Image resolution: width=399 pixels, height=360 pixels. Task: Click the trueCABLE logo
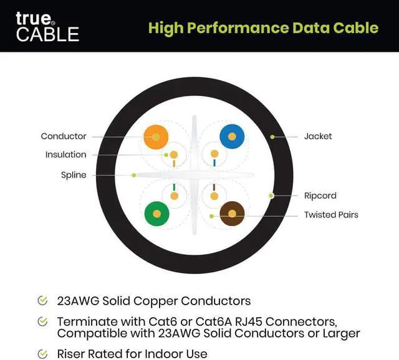click(x=47, y=26)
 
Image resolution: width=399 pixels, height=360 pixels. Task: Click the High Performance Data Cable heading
click(x=263, y=28)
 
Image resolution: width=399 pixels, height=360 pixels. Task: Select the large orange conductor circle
click(x=156, y=136)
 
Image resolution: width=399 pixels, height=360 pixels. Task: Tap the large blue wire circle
click(x=231, y=136)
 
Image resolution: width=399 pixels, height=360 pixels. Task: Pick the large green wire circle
click(x=156, y=214)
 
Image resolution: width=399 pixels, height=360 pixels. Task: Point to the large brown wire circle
click(x=232, y=214)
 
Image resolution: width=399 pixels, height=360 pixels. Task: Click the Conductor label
click(x=64, y=136)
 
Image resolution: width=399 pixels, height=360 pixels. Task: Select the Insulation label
click(x=65, y=154)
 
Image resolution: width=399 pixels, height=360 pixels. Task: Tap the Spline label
click(x=74, y=175)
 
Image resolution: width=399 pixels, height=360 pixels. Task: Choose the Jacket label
click(x=318, y=136)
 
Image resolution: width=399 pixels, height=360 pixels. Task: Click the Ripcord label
click(x=320, y=196)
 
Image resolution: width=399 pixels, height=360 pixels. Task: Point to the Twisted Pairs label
click(x=331, y=215)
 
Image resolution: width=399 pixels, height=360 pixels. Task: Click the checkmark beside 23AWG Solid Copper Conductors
click(x=42, y=301)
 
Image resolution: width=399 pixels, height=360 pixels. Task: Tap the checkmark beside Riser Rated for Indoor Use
click(x=42, y=354)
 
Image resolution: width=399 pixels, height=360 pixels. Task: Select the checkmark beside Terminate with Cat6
click(x=42, y=321)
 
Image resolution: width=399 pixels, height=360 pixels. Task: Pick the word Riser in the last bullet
click(x=71, y=354)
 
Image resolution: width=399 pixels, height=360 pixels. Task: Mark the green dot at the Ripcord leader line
click(x=271, y=196)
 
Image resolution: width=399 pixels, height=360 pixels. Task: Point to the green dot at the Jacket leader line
click(x=272, y=136)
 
